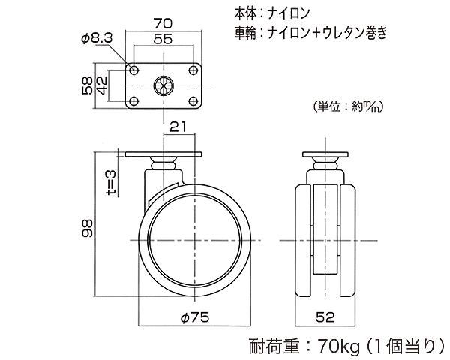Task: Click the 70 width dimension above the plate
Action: pos(163,23)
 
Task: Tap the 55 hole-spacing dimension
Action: pos(163,39)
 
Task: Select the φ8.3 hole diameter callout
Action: pos(97,38)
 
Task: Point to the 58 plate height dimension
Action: pos(87,85)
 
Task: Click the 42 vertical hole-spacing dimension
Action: pos(101,85)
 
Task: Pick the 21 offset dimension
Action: pos(178,127)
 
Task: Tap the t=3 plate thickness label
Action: pos(111,182)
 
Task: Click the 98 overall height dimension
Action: pos(87,228)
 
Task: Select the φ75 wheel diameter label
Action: pos(195,317)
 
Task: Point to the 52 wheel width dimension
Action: pos(325,317)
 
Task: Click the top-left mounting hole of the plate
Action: pos(133,70)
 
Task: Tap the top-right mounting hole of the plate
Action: pos(193,70)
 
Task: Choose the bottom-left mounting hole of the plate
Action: pos(133,100)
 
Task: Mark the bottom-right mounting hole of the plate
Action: pos(193,100)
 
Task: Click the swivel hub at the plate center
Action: pos(163,85)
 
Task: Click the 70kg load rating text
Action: pos(338,347)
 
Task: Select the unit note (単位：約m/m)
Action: pos(349,106)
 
